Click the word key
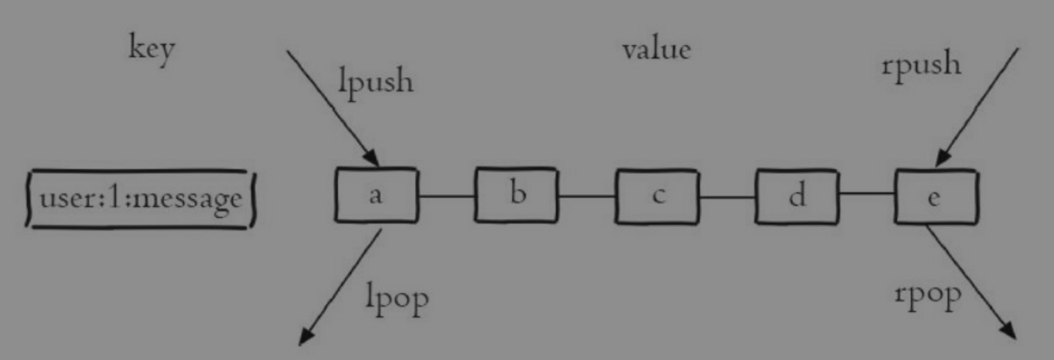click(152, 49)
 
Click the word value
click(656, 50)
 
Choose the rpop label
click(928, 295)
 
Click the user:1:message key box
click(141, 199)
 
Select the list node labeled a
click(376, 195)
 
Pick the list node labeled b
click(516, 195)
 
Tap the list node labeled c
click(657, 196)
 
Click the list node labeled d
click(797, 196)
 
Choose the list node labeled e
click(936, 196)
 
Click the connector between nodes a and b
click(446, 196)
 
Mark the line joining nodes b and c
click(586, 196)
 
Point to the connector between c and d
click(727, 197)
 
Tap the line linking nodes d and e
click(866, 194)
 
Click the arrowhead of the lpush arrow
click(373, 159)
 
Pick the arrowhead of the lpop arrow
click(305, 336)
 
